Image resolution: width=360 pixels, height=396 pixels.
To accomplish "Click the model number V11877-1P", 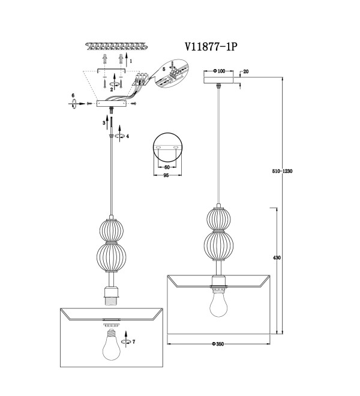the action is tap(211, 47).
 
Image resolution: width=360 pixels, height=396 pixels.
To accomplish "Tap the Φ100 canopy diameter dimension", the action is tap(219, 71).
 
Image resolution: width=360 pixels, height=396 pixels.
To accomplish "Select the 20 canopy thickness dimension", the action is tap(246, 71).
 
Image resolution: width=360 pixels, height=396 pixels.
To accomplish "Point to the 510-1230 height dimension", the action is tap(282, 171).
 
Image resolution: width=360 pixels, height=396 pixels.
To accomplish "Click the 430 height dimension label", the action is tap(277, 257).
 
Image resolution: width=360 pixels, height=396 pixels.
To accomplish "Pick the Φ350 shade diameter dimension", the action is tap(218, 344).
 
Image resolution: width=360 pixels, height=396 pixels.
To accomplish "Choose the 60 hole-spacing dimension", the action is tap(167, 167).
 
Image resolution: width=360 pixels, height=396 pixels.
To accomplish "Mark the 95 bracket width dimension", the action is tap(166, 175).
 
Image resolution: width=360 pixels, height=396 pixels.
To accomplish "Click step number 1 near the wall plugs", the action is tap(131, 61).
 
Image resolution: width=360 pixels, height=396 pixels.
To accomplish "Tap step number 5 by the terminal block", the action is tap(164, 68).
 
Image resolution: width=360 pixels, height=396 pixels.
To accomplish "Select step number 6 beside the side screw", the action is tap(73, 95).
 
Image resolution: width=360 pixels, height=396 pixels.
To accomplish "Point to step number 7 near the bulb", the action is tap(134, 342).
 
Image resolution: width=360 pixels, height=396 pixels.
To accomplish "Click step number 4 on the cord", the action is tap(128, 136).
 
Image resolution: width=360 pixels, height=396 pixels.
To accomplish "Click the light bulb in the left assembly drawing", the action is tap(112, 344).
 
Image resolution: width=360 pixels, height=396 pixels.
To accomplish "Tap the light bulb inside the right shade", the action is tap(218, 302).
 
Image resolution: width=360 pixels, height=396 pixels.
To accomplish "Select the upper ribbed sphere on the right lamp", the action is tap(219, 219).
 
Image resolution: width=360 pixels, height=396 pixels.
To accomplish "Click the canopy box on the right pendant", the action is tap(219, 80).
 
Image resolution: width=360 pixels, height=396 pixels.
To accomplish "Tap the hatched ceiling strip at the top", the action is tap(116, 47).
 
